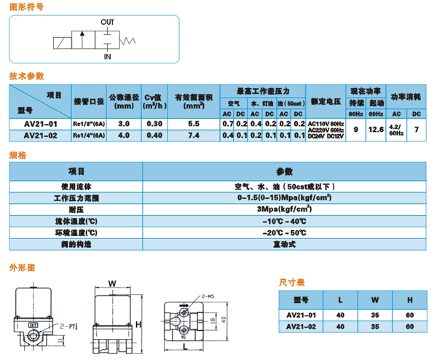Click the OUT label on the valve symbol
[x=106, y=22]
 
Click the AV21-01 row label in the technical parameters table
[x=41, y=125]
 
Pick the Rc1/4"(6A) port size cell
[x=87, y=135]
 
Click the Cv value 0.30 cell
[x=154, y=125]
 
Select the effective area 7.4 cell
[x=193, y=135]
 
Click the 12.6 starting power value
[x=377, y=130]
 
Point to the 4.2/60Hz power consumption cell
[x=395, y=130]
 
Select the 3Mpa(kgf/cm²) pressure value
[x=284, y=208]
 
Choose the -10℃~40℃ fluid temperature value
[x=284, y=220]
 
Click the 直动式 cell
[x=284, y=243]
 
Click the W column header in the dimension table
[x=374, y=299]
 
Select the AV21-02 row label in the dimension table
[x=300, y=326]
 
